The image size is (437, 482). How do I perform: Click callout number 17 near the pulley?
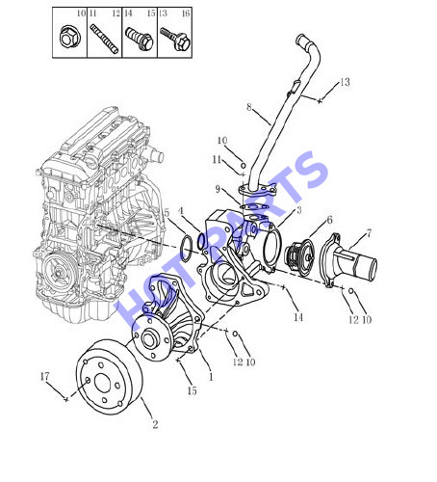pos(45,376)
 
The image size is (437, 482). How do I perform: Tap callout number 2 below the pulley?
pos(155,424)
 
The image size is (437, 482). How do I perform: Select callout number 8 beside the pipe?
pos(249,107)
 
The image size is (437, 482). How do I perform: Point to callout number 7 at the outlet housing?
pos(369,233)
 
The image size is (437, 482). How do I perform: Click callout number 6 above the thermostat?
pos(329,220)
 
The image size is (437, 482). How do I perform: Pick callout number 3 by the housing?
pos(299,210)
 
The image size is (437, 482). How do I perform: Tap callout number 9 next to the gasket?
pos(218,189)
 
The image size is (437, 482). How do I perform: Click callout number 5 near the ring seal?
pos(167,213)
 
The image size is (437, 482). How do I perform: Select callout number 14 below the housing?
pos(298,317)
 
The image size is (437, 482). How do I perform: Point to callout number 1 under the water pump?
pos(211,377)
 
